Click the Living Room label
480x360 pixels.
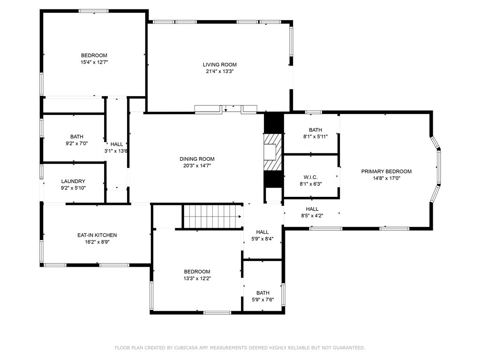point(219,65)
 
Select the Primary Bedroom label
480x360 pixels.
point(386,172)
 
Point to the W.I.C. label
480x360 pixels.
point(310,177)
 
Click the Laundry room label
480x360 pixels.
point(73,181)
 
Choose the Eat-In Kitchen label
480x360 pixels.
point(97,235)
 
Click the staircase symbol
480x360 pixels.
point(212,217)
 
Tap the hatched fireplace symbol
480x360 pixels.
point(272,152)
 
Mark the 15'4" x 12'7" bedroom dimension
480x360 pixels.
point(94,62)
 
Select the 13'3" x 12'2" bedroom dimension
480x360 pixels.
point(197,278)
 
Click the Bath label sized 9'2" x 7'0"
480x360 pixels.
point(77,136)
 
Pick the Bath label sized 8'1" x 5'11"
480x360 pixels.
point(315,130)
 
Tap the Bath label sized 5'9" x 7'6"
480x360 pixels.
point(263,293)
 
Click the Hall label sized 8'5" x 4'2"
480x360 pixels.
point(312,209)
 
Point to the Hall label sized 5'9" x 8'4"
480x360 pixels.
point(262,232)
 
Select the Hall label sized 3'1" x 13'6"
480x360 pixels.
point(117,144)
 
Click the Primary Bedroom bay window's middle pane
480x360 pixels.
point(439,167)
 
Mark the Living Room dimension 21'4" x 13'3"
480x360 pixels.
point(220,71)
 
